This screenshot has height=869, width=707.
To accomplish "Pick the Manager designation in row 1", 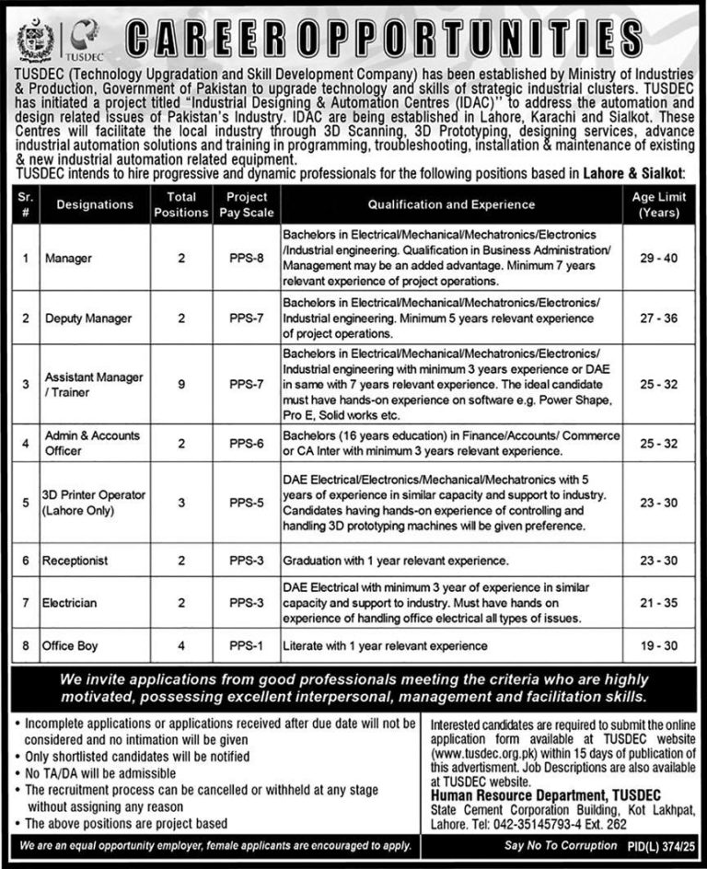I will point(68,259).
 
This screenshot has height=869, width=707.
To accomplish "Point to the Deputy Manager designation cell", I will point(88,318).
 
